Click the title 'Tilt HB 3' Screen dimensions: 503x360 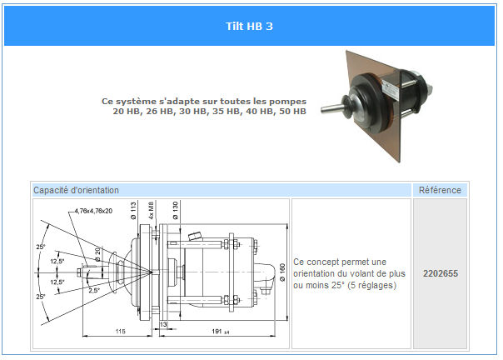coord(249,26)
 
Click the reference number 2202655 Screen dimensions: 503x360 coord(440,273)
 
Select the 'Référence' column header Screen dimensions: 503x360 coord(440,190)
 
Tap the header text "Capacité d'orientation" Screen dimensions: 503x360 coord(76,190)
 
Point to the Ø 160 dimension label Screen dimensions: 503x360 coord(282,272)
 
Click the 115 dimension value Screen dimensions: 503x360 coord(120,331)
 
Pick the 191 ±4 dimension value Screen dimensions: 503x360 coord(221,331)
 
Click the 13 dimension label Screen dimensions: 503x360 coord(163,325)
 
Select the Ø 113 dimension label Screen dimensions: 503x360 coord(133,211)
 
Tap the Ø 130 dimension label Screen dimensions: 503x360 coord(175,211)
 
